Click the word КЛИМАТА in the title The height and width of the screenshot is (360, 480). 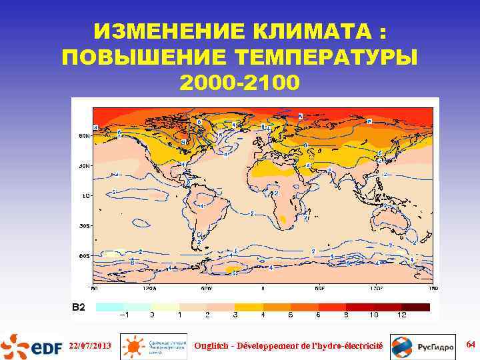point(309,33)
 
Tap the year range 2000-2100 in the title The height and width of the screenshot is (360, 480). point(240,83)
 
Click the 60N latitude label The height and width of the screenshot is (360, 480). point(83,136)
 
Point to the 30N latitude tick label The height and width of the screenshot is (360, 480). point(83,166)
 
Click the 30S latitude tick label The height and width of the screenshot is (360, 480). point(83,226)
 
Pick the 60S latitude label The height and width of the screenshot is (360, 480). point(83,255)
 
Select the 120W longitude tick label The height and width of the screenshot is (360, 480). point(149,289)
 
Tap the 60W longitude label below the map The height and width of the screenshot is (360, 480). point(206,289)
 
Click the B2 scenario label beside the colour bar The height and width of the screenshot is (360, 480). point(79,307)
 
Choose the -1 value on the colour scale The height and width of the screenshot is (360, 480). point(124,315)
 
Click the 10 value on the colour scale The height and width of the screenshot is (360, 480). point(375,315)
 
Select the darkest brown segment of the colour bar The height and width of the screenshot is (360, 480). point(416,307)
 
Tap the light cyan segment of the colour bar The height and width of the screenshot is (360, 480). point(110,307)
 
